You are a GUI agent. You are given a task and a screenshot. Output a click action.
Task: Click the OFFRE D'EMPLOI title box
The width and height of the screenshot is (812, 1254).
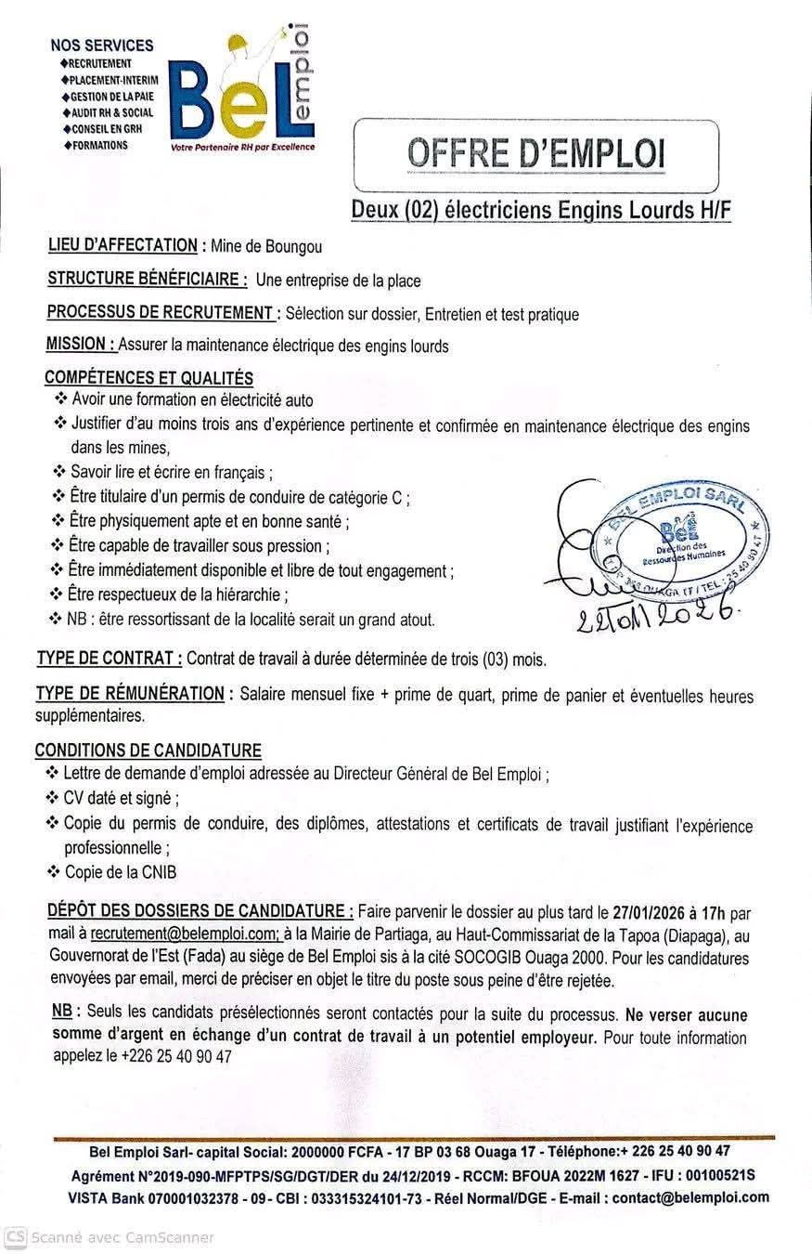pos(536,153)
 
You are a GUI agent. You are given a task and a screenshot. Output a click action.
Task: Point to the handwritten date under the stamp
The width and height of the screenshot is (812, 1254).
pos(658,611)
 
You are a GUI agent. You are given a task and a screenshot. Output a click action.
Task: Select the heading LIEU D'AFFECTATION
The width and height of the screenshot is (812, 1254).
pos(122,246)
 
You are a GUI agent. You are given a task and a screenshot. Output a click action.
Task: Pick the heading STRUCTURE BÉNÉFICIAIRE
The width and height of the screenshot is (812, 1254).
pos(147,280)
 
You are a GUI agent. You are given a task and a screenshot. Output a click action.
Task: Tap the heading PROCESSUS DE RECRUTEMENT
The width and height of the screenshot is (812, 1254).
pos(161,313)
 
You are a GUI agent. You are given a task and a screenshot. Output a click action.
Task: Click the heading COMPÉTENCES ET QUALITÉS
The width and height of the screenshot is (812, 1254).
pos(148,378)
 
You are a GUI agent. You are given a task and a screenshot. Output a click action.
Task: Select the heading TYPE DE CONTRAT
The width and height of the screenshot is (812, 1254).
pos(109,660)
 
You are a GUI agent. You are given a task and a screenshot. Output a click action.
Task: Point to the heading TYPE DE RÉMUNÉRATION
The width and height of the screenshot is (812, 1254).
pos(130,694)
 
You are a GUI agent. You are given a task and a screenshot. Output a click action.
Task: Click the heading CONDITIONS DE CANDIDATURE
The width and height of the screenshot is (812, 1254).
pos(148,751)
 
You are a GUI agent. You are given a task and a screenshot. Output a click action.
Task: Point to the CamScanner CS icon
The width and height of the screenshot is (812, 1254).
pos(15,1237)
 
